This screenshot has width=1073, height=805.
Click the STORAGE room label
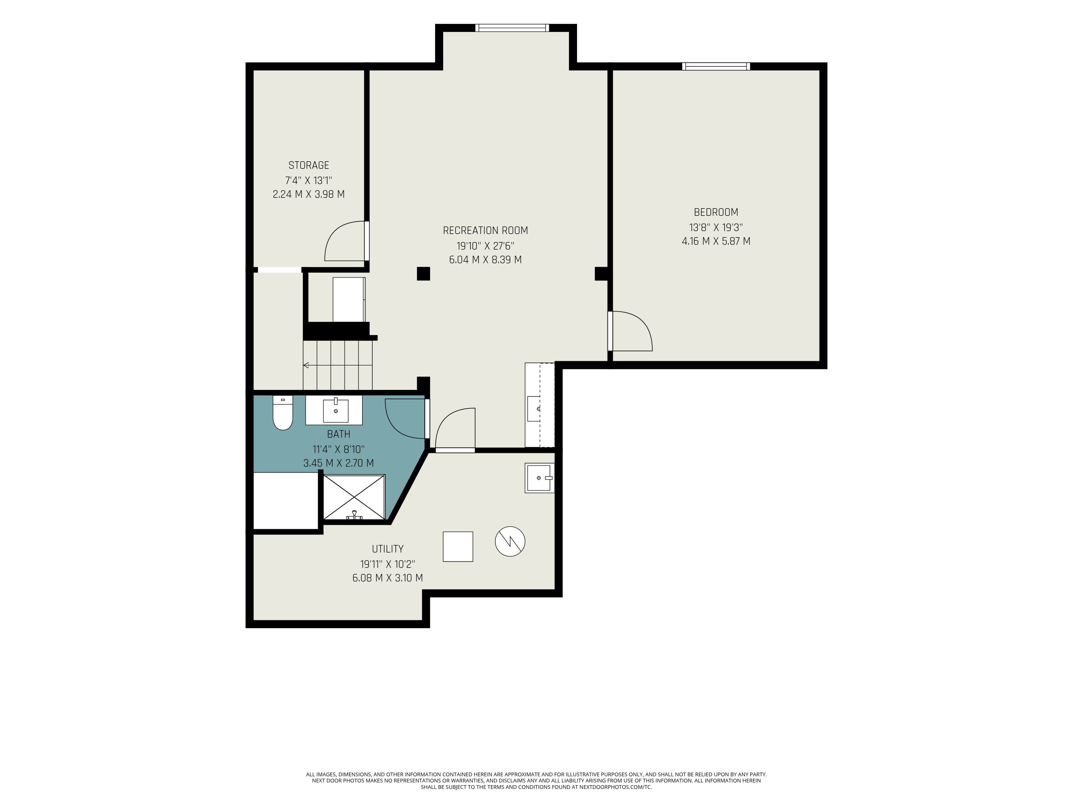(x=308, y=165)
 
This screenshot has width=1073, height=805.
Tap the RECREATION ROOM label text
(x=485, y=231)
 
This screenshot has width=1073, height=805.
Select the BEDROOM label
(x=716, y=212)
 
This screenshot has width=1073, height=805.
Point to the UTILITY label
(x=388, y=549)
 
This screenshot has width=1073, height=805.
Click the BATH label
(x=339, y=434)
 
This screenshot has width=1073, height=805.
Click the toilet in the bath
(x=283, y=413)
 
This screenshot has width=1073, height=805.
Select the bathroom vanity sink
(x=336, y=411)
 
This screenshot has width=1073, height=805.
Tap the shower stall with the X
(x=354, y=497)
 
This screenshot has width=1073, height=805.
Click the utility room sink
(x=539, y=478)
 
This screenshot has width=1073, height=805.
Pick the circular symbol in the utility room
(x=510, y=541)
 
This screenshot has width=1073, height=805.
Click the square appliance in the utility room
(x=458, y=546)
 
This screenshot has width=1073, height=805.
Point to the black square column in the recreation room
(x=424, y=274)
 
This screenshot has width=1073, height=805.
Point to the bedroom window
(x=716, y=67)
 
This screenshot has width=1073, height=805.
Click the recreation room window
(x=512, y=28)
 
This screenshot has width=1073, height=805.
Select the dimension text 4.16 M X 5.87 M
(x=716, y=241)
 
